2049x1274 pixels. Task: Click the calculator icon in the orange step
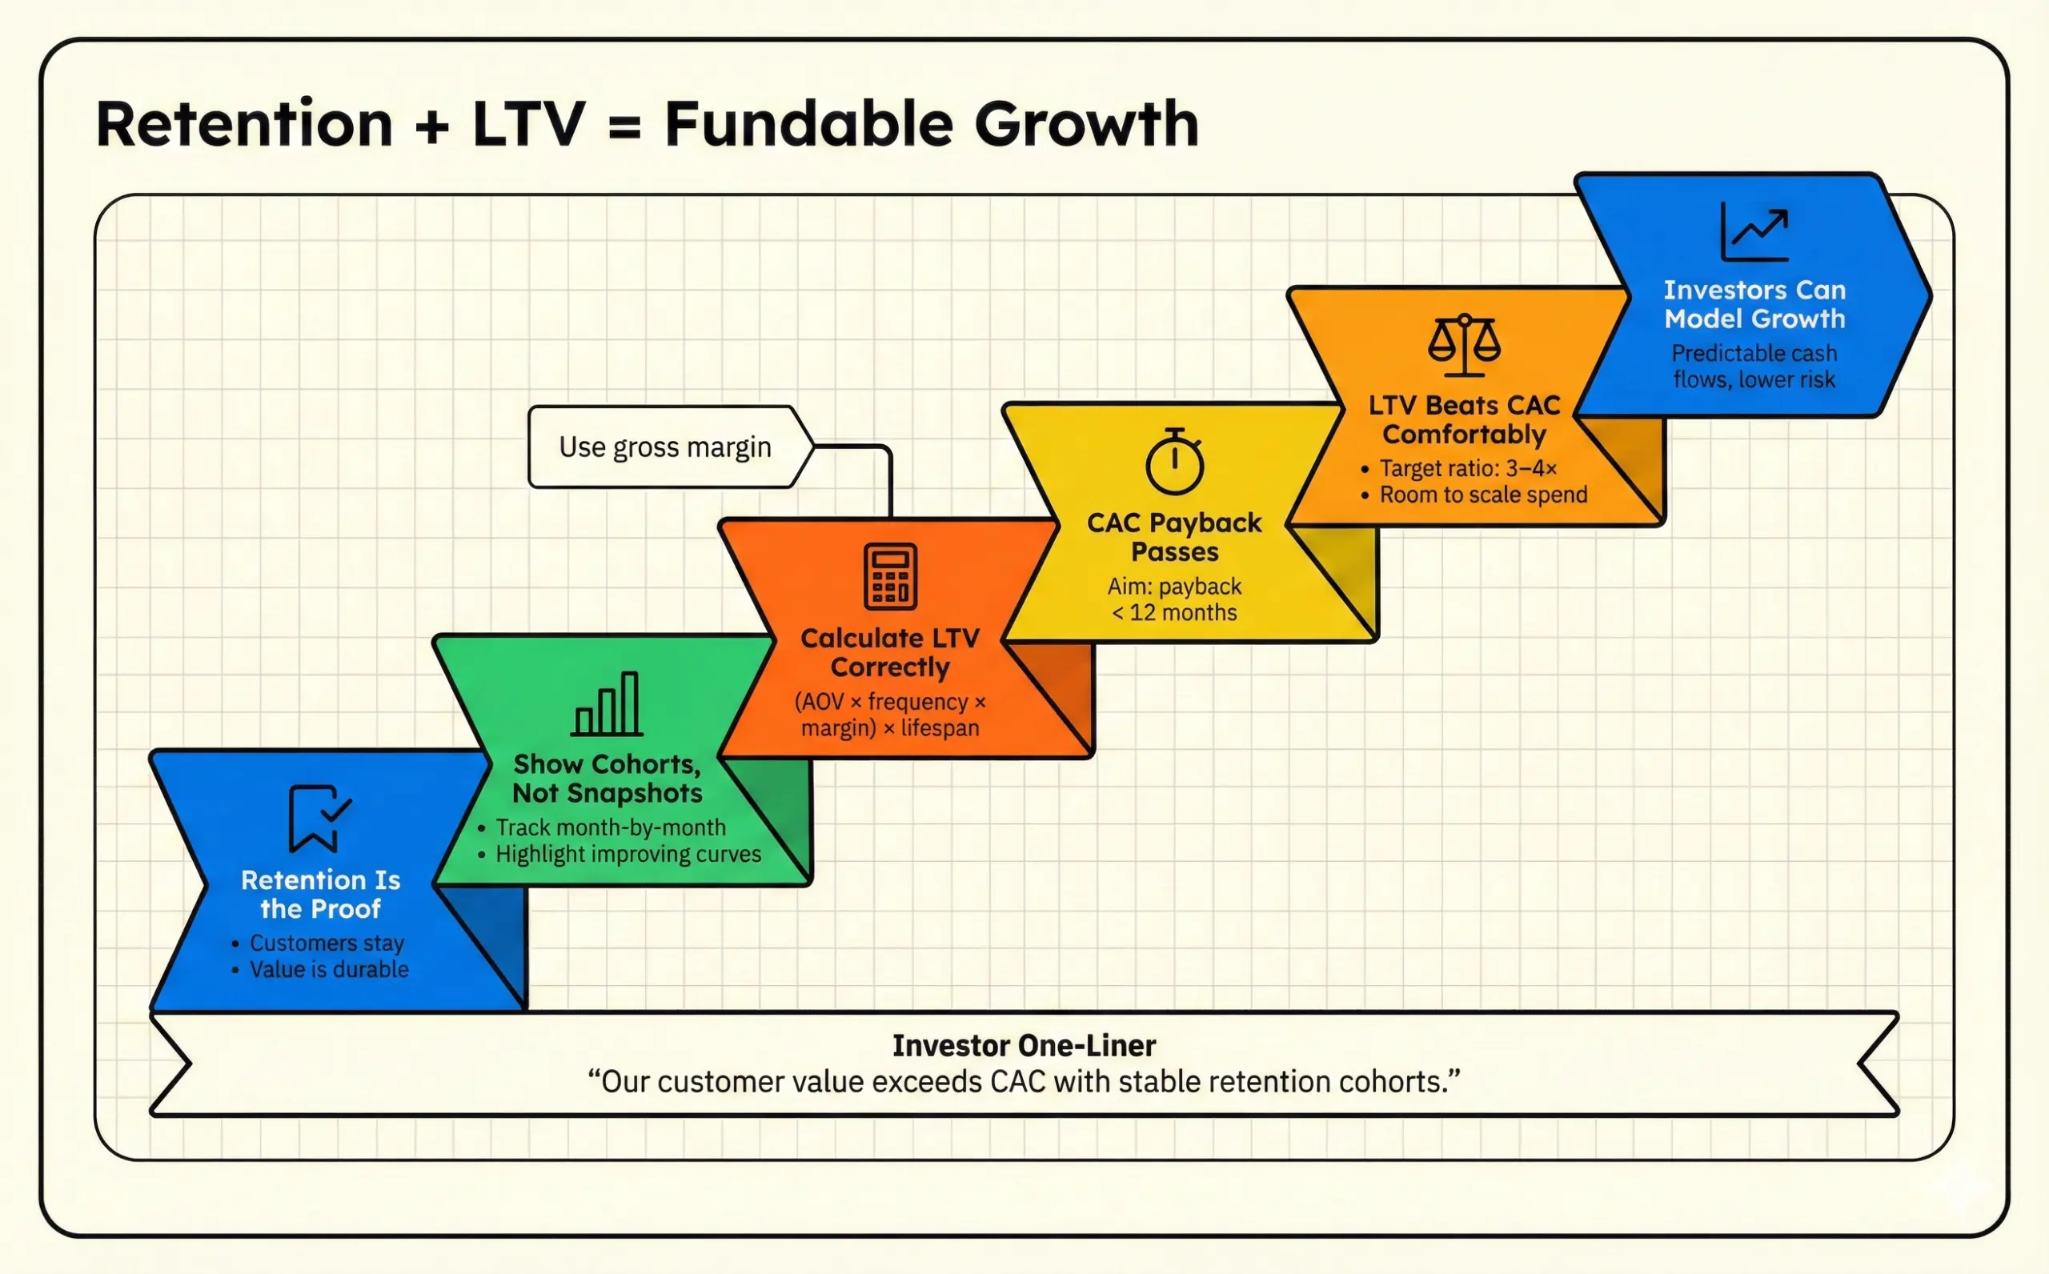pos(890,576)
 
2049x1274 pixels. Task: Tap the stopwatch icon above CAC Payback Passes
pos(1174,462)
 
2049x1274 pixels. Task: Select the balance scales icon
pos(1464,345)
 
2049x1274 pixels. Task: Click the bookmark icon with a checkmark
pos(318,818)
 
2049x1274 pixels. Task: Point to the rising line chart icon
pos(1755,232)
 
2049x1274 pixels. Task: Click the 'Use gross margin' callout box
pos(666,447)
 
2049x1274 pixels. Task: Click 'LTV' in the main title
pos(528,124)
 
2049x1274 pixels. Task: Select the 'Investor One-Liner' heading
pos(1024,1045)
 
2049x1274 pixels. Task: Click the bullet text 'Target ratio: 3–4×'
pos(1468,468)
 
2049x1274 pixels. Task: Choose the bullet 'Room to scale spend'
pos(1483,495)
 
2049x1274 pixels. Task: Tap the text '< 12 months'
pos(1174,612)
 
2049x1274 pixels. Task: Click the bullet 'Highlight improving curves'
pos(628,854)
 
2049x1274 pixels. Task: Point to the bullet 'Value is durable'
pos(329,969)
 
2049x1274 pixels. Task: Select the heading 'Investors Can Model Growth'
pos(1754,304)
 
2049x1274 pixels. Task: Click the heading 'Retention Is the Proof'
pos(320,894)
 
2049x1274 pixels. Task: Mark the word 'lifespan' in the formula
pos(940,728)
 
